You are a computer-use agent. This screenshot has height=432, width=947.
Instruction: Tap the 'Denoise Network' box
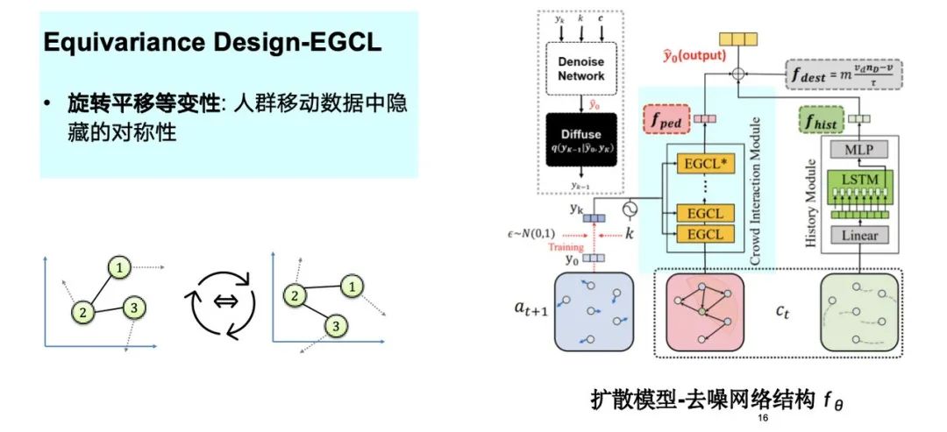click(x=581, y=68)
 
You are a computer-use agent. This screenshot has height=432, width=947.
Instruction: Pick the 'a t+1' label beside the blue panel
click(x=530, y=309)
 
